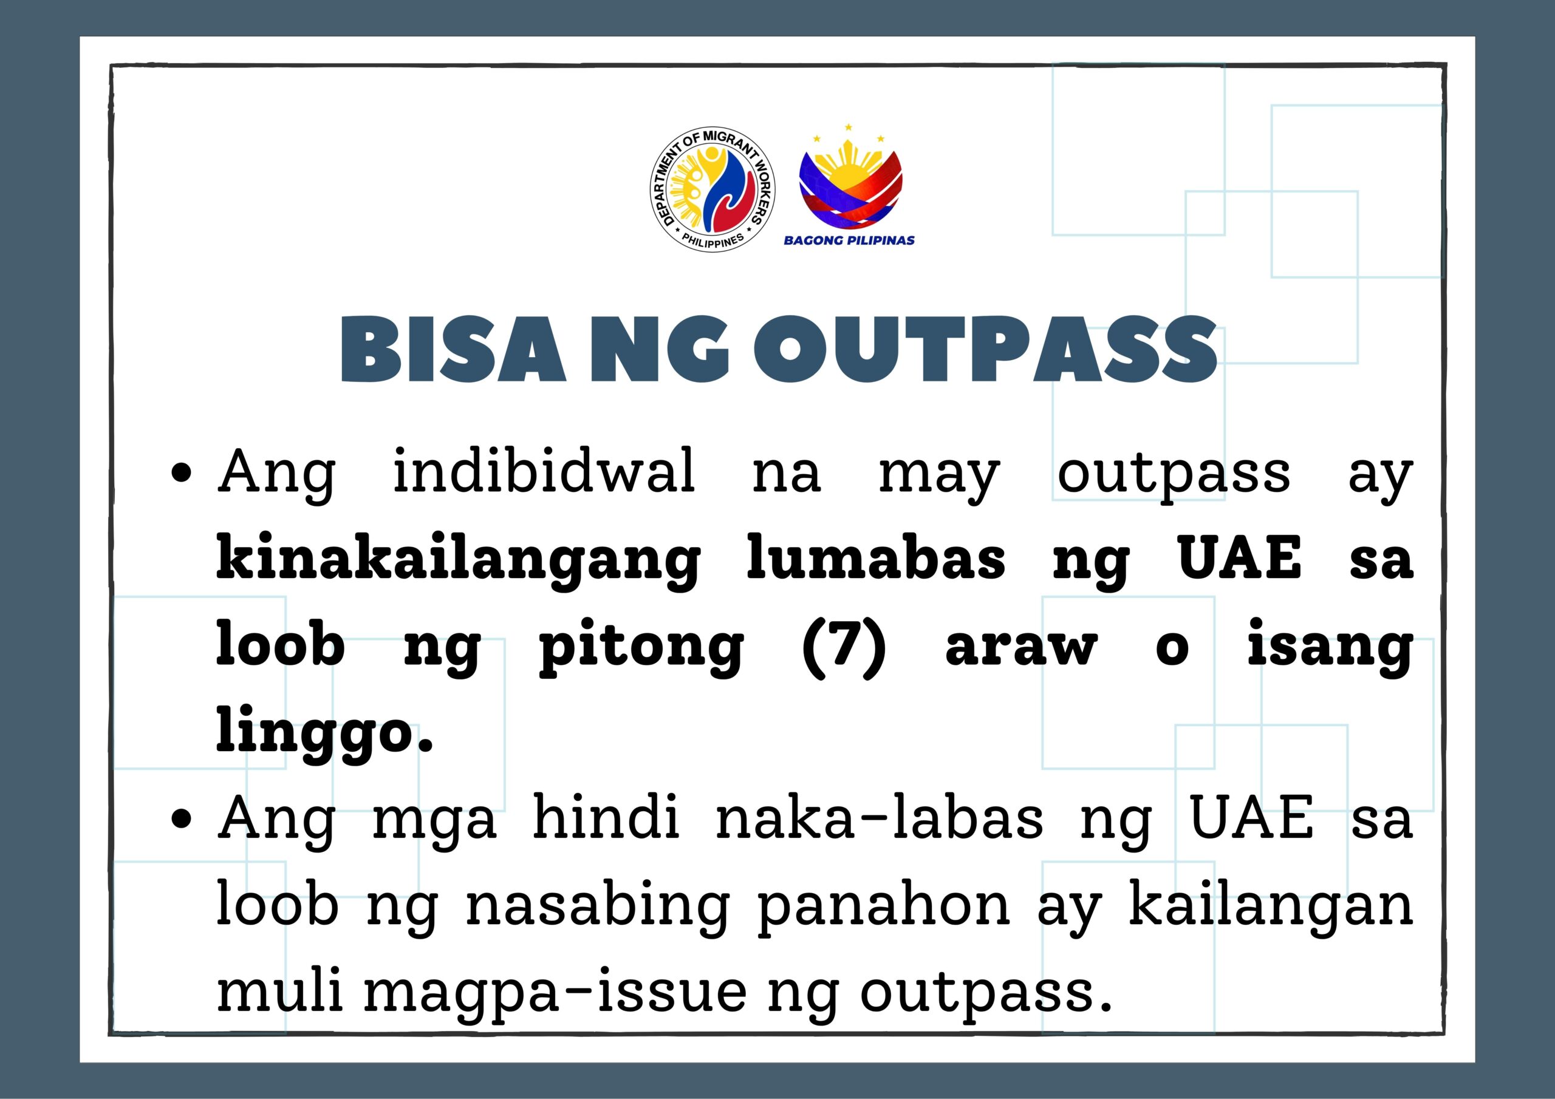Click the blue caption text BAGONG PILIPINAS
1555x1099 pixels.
[849, 240]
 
